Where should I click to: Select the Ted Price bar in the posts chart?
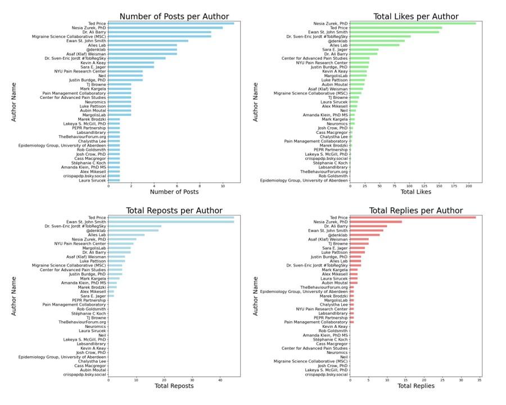coord(170,23)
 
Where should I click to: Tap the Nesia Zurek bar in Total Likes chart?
coord(413,23)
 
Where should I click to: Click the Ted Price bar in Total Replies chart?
coord(413,217)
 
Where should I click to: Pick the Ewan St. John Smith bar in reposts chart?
coord(171,222)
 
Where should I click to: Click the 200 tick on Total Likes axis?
coord(468,185)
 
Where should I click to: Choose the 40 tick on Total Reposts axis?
coord(220,379)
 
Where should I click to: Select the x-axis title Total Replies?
coord(417,386)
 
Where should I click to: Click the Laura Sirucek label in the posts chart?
coord(91,180)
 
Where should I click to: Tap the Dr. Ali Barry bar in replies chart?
coord(368,226)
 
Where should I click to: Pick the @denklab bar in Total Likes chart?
coord(377,40)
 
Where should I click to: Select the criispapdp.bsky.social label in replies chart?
coord(326,374)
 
